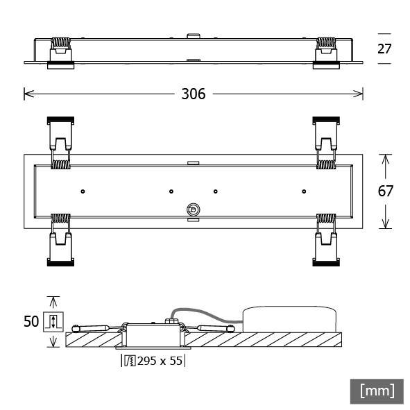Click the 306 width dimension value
pyautogui.click(x=193, y=94)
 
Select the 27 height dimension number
pyautogui.click(x=385, y=49)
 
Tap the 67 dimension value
pyautogui.click(x=386, y=191)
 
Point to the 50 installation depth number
pyautogui.click(x=31, y=321)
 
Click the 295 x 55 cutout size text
pyautogui.click(x=160, y=361)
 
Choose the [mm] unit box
pyautogui.click(x=377, y=391)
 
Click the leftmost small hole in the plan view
pyautogui.click(x=83, y=191)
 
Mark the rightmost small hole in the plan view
pyautogui.click(x=303, y=191)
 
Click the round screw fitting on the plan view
pyautogui.click(x=192, y=209)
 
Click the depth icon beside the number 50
pyautogui.click(x=52, y=322)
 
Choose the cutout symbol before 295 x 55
pyautogui.click(x=130, y=361)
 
